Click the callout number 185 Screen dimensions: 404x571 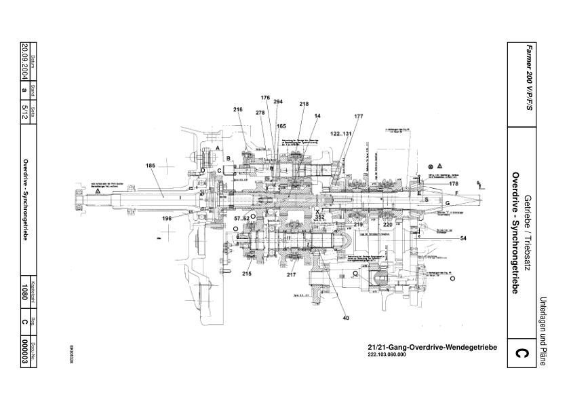[151, 165]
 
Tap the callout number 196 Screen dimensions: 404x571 [167, 218]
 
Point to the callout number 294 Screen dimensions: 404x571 [278, 102]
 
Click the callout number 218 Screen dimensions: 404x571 [304, 104]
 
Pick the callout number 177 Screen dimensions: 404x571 [358, 116]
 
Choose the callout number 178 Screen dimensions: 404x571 [454, 183]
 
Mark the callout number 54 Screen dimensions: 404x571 [464, 239]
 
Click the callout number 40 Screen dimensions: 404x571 [346, 317]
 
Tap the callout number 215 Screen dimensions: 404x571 [245, 274]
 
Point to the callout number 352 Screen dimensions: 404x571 [319, 218]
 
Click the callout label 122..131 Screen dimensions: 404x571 [342, 134]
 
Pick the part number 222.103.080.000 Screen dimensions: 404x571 [393, 355]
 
